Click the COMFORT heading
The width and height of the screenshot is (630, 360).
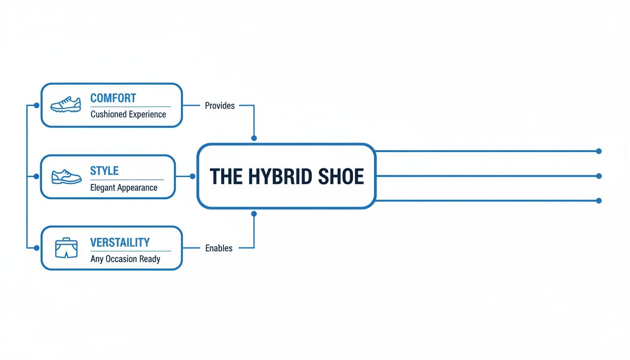pos(113,98)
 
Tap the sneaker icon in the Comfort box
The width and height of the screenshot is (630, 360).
pos(66,105)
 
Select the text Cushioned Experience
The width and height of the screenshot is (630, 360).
pos(128,114)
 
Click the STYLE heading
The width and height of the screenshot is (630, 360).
pos(104,171)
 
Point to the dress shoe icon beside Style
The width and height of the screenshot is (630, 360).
pos(66,177)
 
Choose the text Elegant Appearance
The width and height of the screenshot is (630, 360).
pos(124,187)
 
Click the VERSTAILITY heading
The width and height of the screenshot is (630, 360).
pos(120,242)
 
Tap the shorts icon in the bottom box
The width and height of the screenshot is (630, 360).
pos(66,248)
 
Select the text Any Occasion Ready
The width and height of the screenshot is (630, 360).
pos(125,259)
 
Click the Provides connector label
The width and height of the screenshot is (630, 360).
pos(220,106)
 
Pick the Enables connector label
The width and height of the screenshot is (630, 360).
pos(219,248)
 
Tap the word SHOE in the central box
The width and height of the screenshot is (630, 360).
pos(341,177)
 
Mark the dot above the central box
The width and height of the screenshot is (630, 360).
pos(254,138)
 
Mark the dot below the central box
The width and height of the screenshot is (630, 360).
pos(254,214)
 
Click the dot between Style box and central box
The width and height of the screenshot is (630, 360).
pos(192,176)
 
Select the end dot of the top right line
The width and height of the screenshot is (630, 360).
pos(599,151)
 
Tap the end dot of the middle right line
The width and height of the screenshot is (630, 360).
pos(599,176)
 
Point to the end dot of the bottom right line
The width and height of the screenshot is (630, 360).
pos(599,201)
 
